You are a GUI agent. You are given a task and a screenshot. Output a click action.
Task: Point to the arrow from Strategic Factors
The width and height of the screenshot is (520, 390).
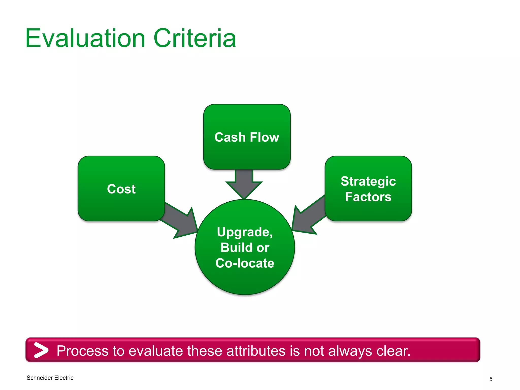coord(308,216)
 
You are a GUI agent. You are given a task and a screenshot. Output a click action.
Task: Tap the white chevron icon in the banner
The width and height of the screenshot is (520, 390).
coord(41,350)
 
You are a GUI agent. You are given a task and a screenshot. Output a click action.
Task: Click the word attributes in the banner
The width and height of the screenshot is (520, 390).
coord(256,351)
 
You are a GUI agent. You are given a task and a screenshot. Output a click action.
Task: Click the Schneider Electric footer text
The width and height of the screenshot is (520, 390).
coord(50,378)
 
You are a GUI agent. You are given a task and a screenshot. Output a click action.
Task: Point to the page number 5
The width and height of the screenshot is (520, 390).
coord(491,379)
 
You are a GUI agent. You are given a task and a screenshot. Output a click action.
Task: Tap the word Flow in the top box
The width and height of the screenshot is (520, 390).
coord(264,137)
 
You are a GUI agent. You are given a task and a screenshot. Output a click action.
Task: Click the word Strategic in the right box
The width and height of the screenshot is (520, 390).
coord(368,181)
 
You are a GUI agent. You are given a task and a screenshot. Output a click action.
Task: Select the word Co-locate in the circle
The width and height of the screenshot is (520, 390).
coord(245,263)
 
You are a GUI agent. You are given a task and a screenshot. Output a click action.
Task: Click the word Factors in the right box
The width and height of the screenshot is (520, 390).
coord(368,197)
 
